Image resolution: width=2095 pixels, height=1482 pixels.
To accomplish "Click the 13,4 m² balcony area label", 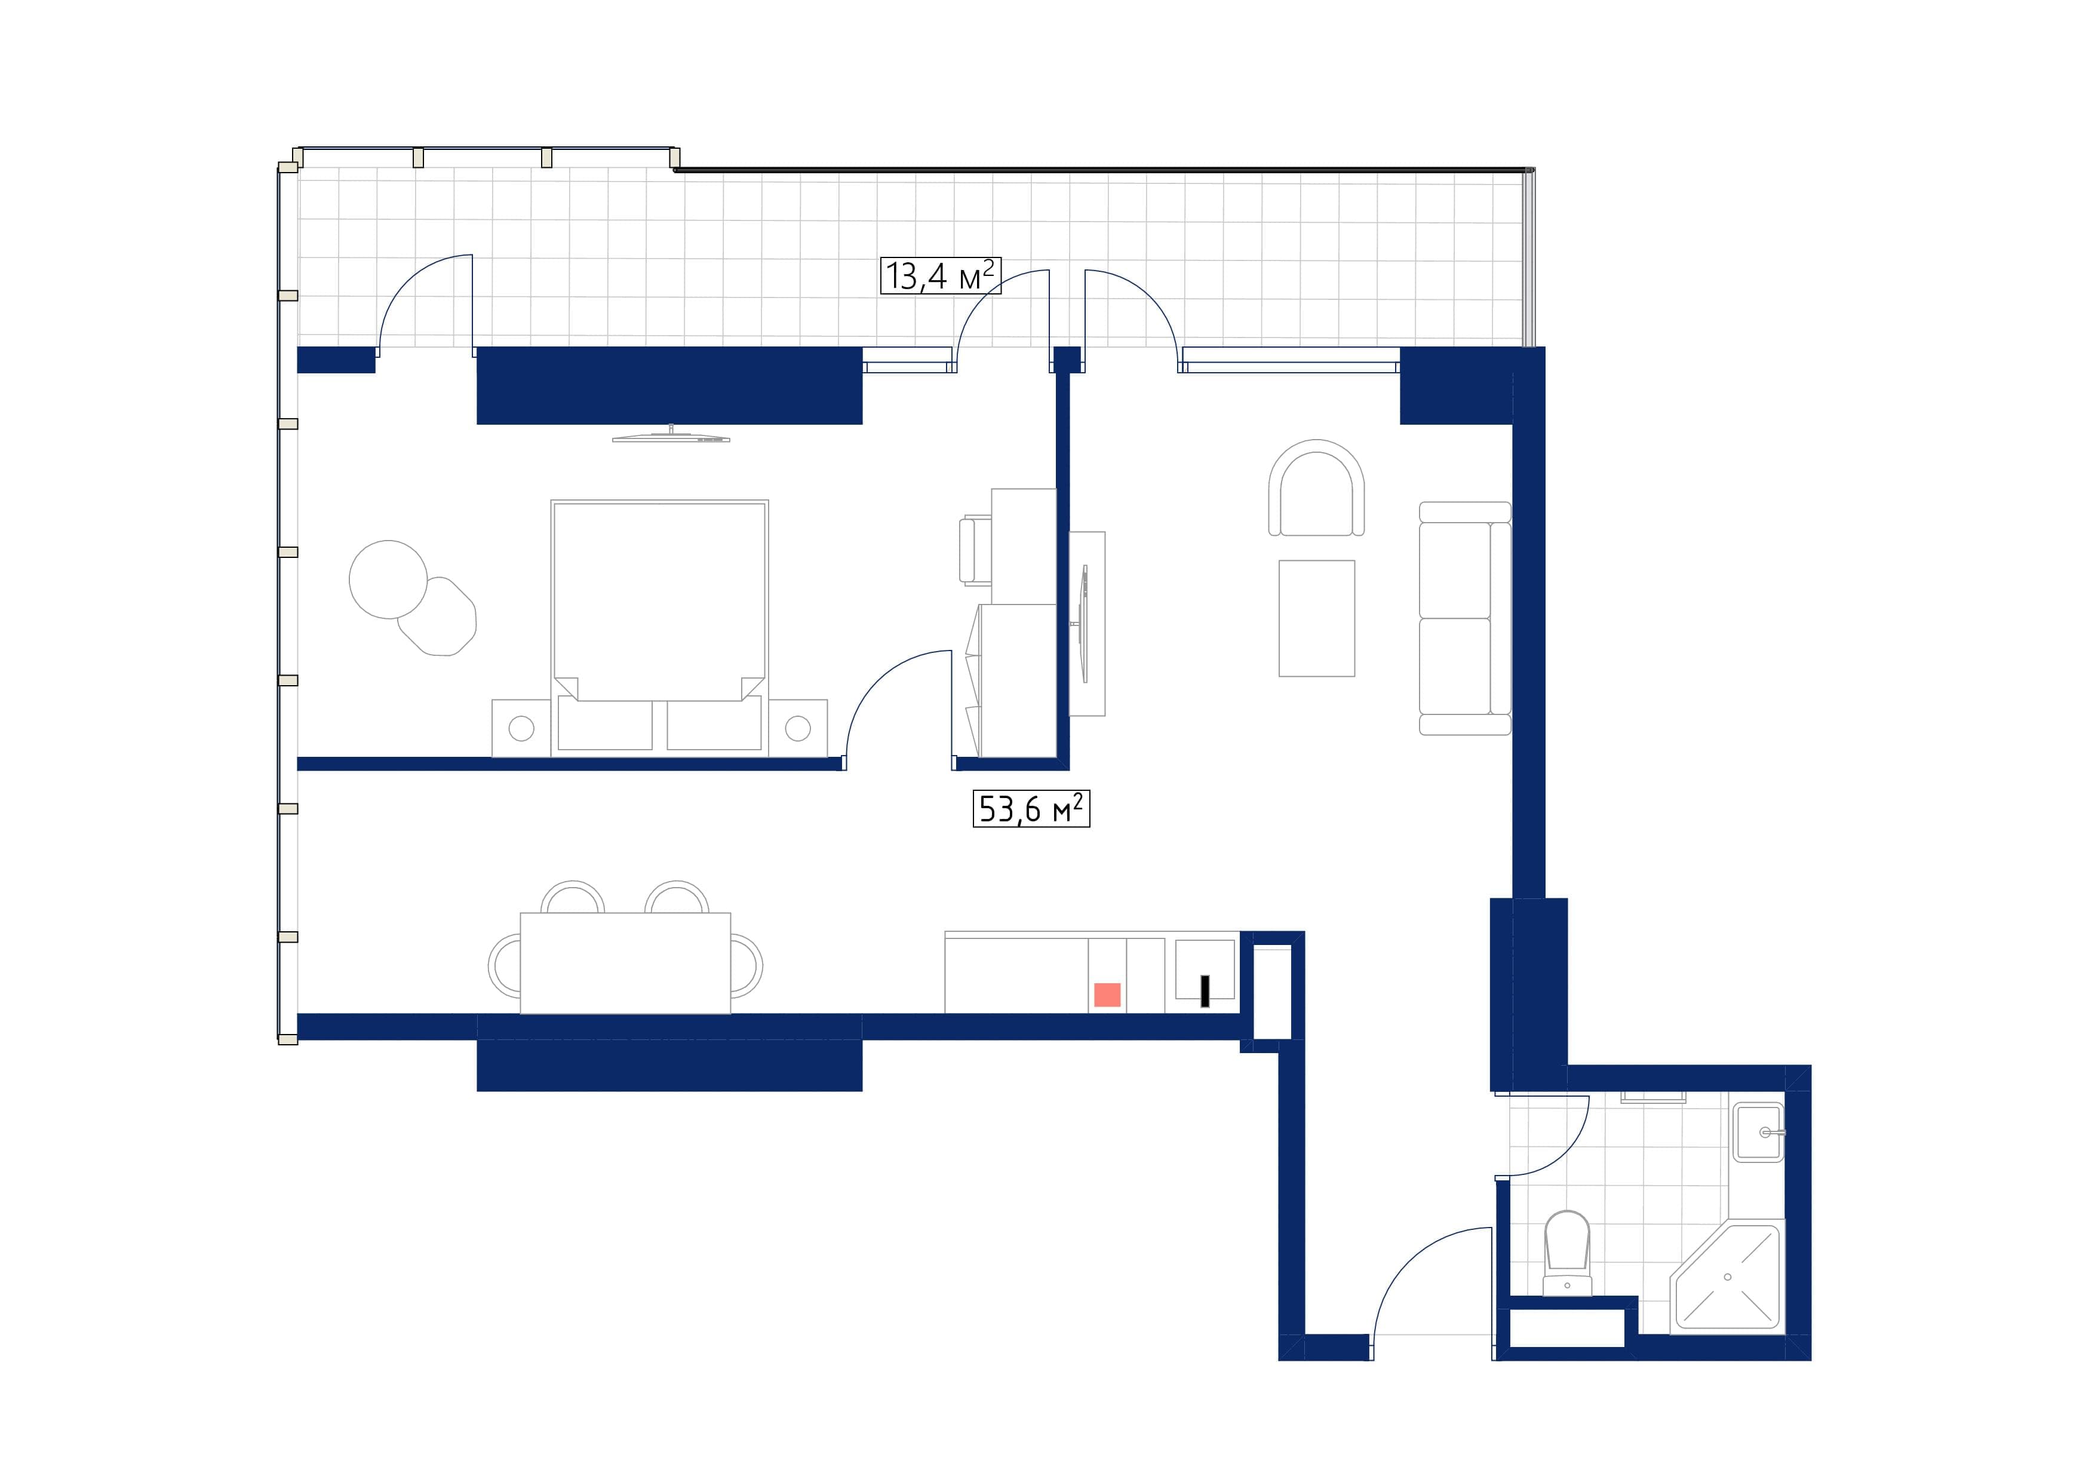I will click(x=940, y=275).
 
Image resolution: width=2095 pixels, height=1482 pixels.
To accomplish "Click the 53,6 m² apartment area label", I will click(x=1031, y=809).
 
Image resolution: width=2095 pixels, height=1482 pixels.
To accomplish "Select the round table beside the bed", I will click(x=388, y=579).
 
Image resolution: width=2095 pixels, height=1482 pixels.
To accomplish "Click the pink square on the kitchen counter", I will click(x=1107, y=995).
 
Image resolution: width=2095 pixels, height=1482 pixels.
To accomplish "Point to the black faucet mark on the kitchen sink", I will click(x=1205, y=991).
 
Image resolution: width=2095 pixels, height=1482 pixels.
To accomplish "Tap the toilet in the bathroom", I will click(x=1566, y=1252).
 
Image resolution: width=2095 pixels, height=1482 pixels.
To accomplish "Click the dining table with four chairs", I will click(x=625, y=963).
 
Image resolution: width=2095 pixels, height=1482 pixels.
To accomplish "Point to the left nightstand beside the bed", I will click(x=521, y=728).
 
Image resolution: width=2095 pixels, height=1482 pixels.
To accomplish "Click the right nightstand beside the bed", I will click(x=797, y=728).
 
